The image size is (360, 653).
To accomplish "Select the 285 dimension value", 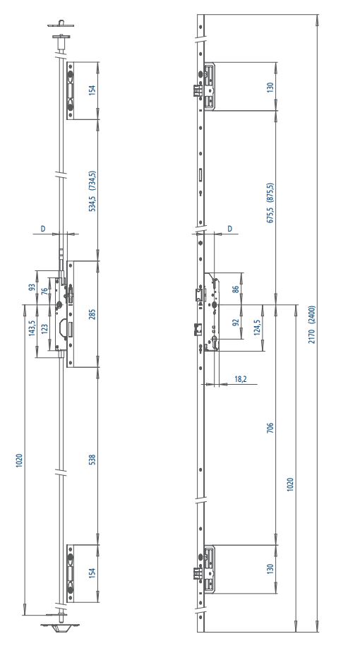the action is pos(92,314).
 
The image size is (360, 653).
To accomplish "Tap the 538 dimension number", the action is pos(92,460).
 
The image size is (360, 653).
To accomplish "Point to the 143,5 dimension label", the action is pos(31,328).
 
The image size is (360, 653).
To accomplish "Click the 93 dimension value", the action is pos(31,288).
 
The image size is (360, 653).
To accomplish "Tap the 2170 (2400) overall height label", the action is pos(312,325).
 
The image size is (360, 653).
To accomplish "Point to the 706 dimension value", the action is pos(270,427).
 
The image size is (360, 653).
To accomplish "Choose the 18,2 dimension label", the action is pos(241,379).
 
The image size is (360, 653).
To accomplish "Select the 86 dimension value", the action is pos(235,288).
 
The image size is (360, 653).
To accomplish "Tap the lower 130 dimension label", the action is pos(270,569).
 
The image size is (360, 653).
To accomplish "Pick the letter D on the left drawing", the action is pos(42,229).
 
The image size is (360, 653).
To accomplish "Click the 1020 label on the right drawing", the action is pos(291,484).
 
